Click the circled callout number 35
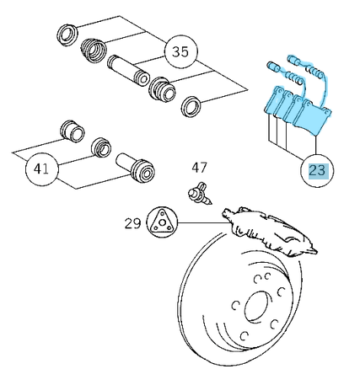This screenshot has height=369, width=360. (180, 52)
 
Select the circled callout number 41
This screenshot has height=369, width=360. (42, 169)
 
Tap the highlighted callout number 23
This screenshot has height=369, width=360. (317, 170)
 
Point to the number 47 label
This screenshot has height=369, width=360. (200, 168)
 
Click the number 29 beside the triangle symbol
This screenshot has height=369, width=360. (132, 223)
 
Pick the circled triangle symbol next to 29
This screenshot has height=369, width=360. (163, 222)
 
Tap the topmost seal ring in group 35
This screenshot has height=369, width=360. (67, 35)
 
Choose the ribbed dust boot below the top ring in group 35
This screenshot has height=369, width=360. (94, 50)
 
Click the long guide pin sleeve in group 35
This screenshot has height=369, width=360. (128, 71)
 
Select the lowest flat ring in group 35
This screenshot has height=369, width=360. (191, 106)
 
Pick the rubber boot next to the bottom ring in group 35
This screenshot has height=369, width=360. (163, 88)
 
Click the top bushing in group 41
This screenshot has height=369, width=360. (73, 131)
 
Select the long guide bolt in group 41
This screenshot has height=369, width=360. (136, 167)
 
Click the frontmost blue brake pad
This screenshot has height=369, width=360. (311, 117)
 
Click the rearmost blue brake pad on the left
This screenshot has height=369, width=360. (273, 100)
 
